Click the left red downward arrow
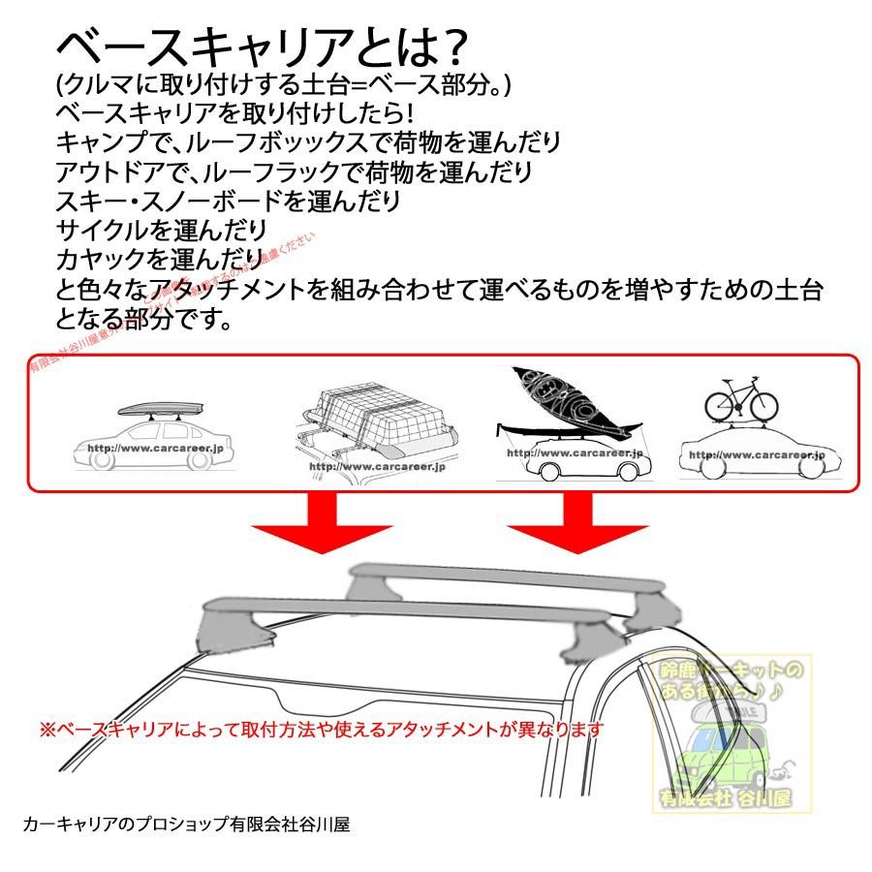[x=321, y=523]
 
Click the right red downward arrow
[x=577, y=523]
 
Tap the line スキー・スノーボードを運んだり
[x=229, y=202]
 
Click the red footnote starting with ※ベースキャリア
[x=321, y=728]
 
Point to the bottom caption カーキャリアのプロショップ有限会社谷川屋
[x=185, y=825]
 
